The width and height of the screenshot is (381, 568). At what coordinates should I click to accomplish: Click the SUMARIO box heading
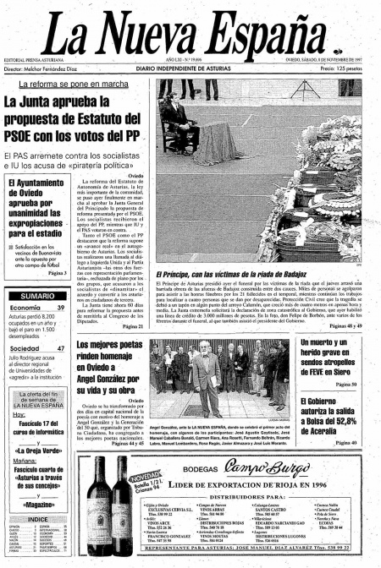pyautogui.click(x=37, y=296)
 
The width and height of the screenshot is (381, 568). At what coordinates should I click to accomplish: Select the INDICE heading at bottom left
pyautogui.click(x=37, y=519)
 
